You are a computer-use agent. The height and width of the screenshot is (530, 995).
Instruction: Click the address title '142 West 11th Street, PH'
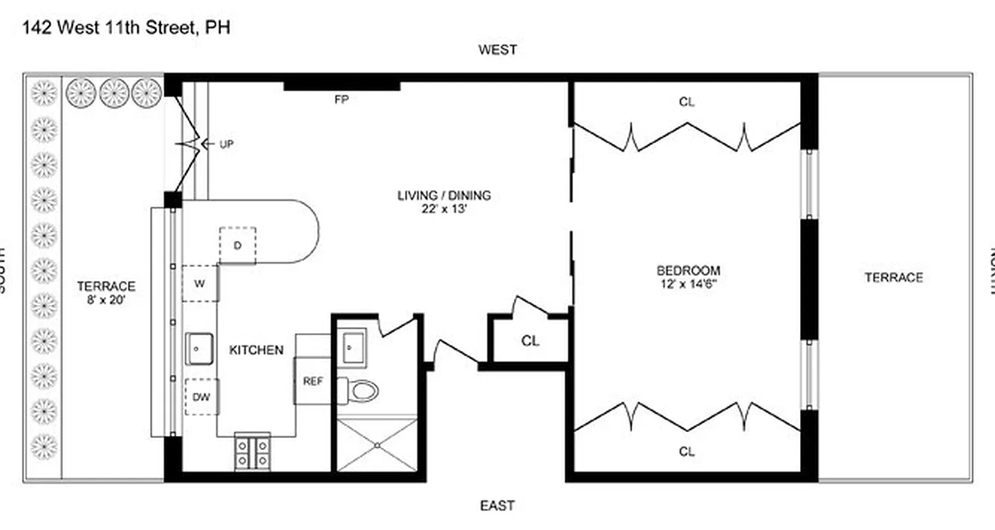tap(127, 28)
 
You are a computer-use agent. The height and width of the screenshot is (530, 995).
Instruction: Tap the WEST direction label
tap(497, 50)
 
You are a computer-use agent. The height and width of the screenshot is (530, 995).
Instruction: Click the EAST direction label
tap(497, 506)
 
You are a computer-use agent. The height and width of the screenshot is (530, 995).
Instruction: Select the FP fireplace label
tap(342, 100)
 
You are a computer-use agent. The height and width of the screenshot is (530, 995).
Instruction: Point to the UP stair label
tap(226, 144)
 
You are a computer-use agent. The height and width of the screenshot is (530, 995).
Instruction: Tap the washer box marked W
tap(200, 284)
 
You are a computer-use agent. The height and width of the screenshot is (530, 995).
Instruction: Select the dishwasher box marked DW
tap(201, 396)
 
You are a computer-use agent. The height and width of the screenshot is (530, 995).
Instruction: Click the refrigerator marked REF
tap(312, 381)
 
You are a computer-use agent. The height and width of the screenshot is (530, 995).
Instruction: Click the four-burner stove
tap(253, 452)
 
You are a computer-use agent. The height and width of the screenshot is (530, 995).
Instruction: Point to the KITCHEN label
tap(256, 350)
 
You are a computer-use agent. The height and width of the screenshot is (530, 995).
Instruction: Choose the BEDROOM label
tap(688, 270)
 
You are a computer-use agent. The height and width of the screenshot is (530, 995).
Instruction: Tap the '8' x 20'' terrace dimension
tap(106, 299)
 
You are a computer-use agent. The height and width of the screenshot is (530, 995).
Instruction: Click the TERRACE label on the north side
tap(894, 278)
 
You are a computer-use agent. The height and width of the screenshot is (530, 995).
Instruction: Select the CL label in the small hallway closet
tap(530, 341)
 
